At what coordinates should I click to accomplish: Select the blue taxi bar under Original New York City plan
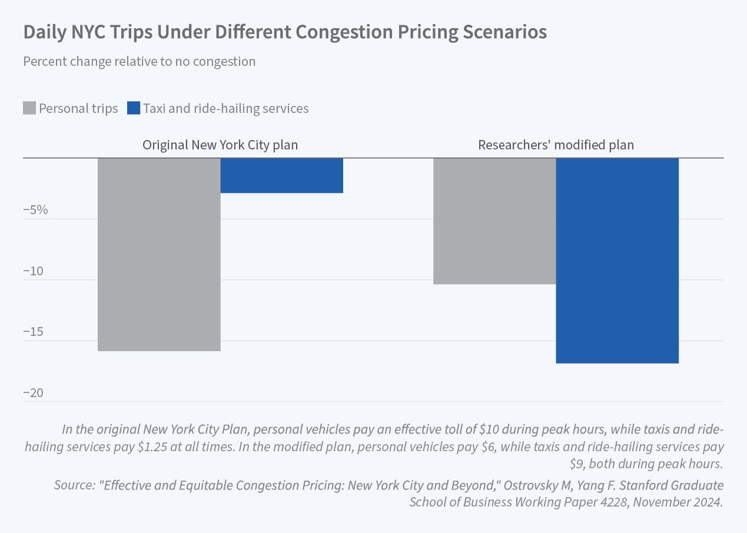pyautogui.click(x=281, y=175)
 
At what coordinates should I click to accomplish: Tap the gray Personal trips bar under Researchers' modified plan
pyautogui.click(x=494, y=221)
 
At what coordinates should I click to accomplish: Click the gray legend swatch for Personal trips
pyautogui.click(x=29, y=108)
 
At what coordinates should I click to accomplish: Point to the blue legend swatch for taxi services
pyautogui.click(x=134, y=108)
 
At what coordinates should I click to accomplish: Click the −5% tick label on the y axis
pyautogui.click(x=35, y=210)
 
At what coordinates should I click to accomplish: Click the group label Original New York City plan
pyautogui.click(x=220, y=145)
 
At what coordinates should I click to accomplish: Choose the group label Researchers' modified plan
pyautogui.click(x=556, y=145)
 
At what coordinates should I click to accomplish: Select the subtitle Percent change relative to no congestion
pyautogui.click(x=139, y=61)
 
